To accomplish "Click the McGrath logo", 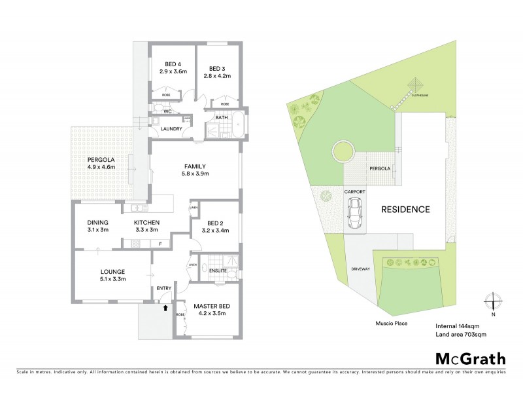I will click(470, 358).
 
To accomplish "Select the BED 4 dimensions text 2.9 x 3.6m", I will click(173, 71).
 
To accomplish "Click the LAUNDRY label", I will click(171, 129).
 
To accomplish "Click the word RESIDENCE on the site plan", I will click(405, 210).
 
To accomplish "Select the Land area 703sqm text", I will click(461, 334).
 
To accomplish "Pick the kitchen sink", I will click(137, 209).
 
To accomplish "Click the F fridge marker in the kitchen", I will click(160, 244).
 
